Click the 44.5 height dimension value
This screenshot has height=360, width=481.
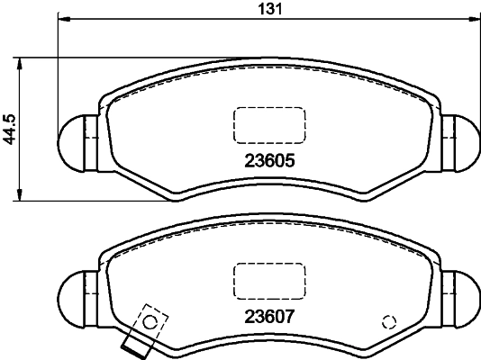point(9,129)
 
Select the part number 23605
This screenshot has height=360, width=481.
point(270,163)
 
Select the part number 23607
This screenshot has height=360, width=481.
point(270,316)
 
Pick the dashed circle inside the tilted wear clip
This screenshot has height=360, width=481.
point(151,319)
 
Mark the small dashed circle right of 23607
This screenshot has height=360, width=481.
point(389,321)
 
